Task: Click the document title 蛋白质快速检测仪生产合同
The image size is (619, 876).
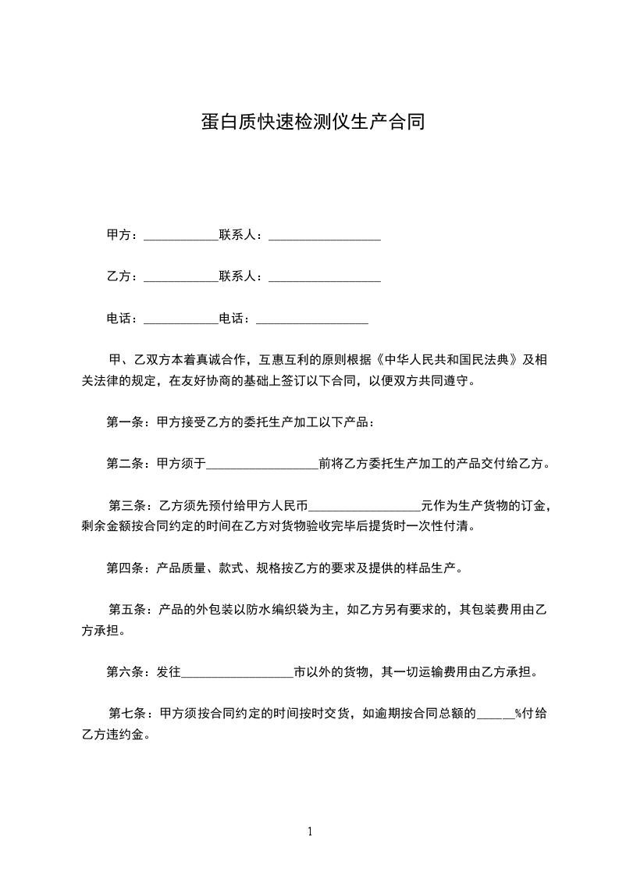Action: point(312,123)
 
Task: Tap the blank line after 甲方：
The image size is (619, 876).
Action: point(181,235)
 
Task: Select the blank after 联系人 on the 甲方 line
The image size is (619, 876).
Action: point(324,235)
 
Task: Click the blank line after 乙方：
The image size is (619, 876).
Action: point(181,277)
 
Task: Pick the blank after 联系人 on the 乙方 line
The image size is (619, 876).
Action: point(324,277)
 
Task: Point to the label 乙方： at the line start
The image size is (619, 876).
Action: point(123,277)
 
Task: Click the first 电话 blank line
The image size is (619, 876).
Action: point(181,319)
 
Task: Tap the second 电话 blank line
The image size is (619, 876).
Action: point(311,319)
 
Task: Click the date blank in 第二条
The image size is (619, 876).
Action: point(261,465)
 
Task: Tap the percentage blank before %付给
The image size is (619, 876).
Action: point(495,714)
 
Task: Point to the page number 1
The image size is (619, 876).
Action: point(310,832)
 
